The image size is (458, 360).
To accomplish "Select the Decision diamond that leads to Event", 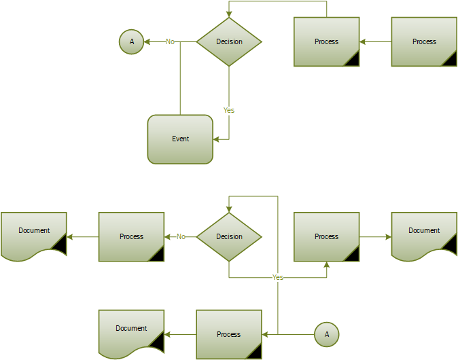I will click(x=229, y=41).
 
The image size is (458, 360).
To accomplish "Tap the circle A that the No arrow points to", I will click(x=131, y=42).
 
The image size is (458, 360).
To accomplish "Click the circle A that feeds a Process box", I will click(x=326, y=334).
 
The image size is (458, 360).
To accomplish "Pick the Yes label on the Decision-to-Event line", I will click(x=229, y=109).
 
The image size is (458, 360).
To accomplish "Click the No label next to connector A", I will click(x=170, y=42).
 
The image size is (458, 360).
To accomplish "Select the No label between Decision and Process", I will click(x=181, y=236).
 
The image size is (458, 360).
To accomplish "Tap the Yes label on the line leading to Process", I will click(x=277, y=277).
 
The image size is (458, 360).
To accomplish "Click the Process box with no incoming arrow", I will click(x=424, y=41).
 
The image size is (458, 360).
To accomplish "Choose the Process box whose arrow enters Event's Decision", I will click(x=326, y=41).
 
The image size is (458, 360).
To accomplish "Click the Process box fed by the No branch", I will click(x=131, y=236).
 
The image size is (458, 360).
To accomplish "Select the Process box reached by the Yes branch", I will click(x=326, y=236).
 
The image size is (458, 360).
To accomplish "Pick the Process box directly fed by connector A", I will click(x=229, y=334).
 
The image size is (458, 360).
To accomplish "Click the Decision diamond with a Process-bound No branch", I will click(x=229, y=236).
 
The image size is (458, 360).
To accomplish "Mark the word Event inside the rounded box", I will click(x=180, y=139).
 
